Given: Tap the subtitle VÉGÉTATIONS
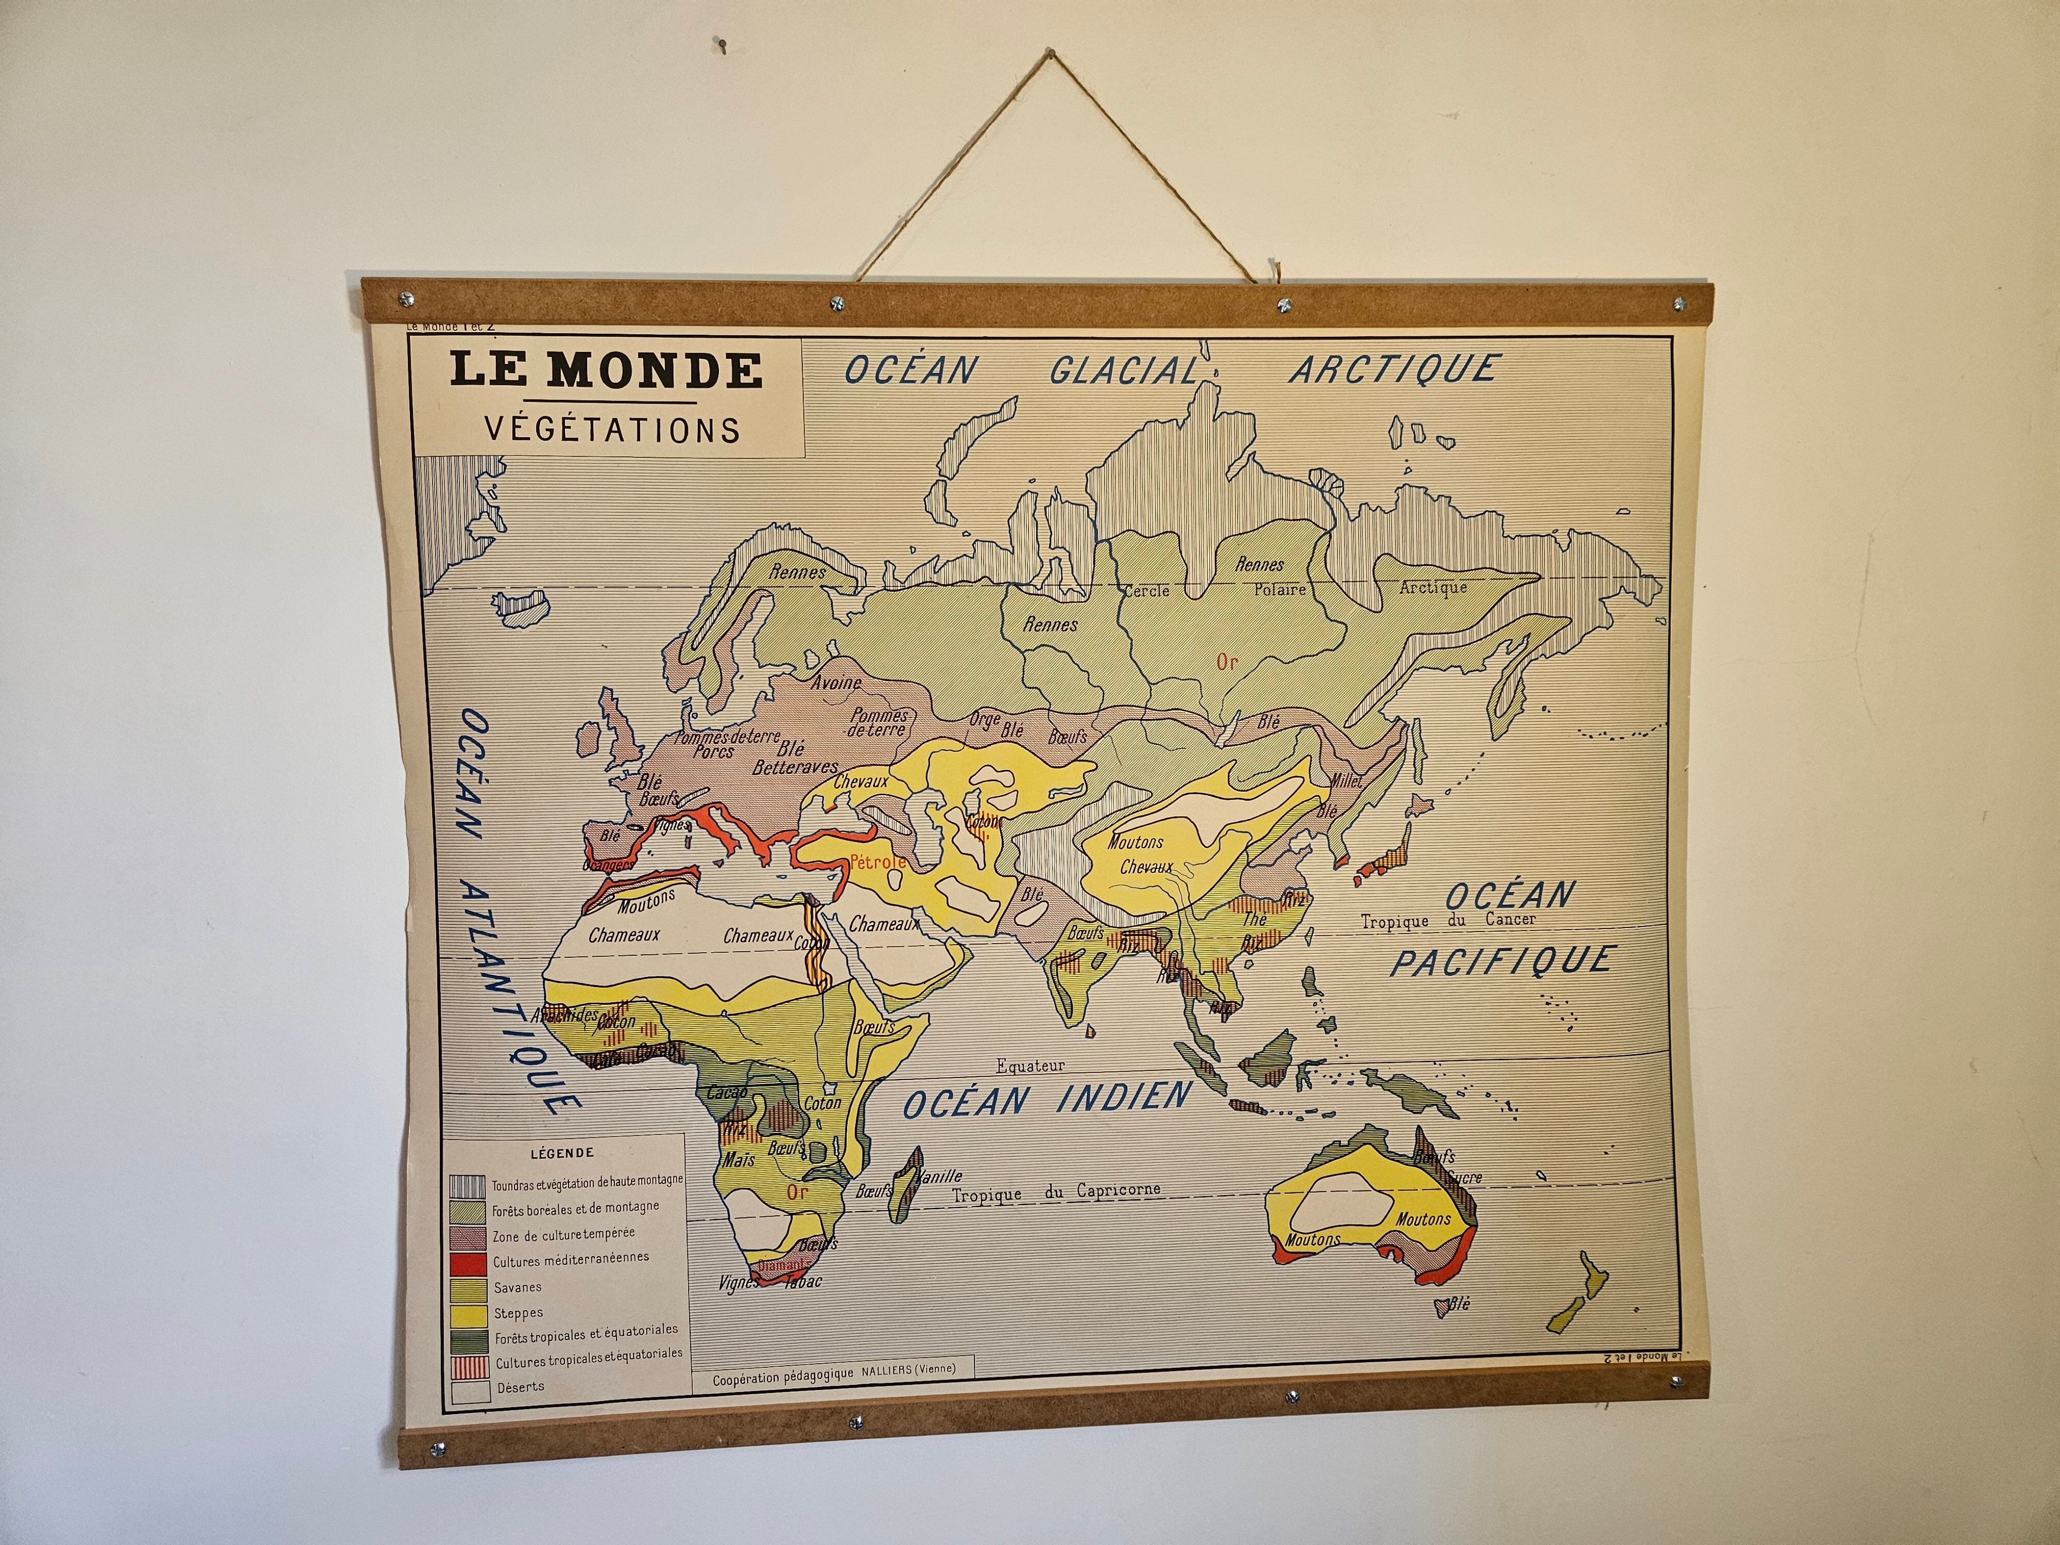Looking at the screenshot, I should (x=612, y=430).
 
